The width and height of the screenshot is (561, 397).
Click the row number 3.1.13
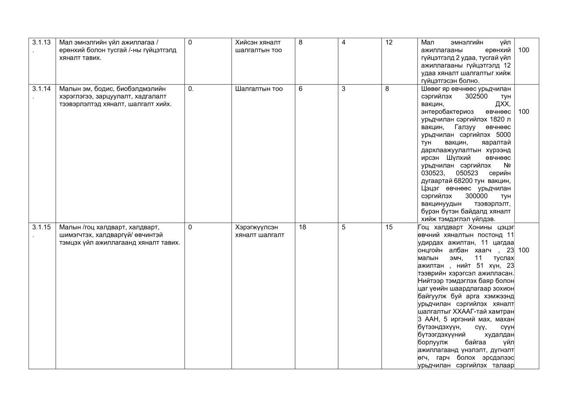coord(41,42)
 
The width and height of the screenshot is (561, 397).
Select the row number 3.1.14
coord(41,89)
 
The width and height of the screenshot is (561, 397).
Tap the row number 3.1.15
coord(41,227)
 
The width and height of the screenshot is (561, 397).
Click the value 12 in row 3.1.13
coord(389,42)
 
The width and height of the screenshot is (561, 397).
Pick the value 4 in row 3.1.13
coord(344,42)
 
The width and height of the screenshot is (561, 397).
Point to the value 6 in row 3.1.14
coord(300,89)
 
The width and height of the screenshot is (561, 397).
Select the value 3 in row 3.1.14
coord(344,89)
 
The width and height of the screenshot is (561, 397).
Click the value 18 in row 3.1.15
coord(302,227)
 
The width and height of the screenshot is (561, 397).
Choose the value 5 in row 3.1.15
coord(344,227)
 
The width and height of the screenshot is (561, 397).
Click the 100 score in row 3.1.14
coord(523,112)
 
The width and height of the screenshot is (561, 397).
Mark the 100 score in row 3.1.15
coord(523,250)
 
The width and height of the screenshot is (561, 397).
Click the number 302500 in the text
coord(476,96)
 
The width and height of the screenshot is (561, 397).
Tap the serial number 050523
coord(467,173)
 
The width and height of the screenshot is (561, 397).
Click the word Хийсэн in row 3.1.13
coord(246,42)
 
